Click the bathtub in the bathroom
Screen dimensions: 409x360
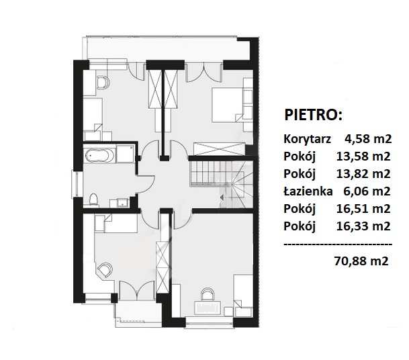pos(99,155)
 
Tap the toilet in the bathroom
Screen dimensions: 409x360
pos(93,200)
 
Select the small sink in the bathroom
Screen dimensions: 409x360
pos(122,202)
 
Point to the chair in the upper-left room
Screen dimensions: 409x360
pos(103,83)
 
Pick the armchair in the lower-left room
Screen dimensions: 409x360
pos(105,269)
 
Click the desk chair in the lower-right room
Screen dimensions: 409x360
pos(208,294)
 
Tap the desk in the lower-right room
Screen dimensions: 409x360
pos(208,307)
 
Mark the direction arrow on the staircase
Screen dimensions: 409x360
pos(222,197)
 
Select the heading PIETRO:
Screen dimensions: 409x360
pos(313,115)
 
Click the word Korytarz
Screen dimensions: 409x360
pos(308,139)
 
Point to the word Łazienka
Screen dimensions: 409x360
pos(308,191)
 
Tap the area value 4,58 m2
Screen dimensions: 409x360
pos(368,139)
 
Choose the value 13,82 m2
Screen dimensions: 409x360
pos(363,174)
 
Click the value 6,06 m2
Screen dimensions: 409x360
pos(366,191)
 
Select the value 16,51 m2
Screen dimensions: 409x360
pos(363,209)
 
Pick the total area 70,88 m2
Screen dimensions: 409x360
pos(361,261)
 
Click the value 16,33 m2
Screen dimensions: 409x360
pos(363,226)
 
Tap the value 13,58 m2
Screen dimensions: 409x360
pos(363,156)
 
